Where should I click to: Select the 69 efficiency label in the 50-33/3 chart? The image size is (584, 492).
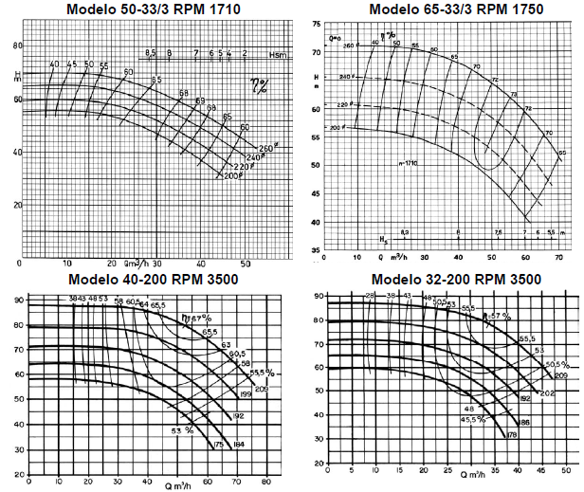(x=200, y=100)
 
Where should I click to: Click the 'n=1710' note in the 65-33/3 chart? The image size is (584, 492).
(x=410, y=164)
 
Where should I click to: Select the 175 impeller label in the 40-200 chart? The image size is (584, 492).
(x=218, y=444)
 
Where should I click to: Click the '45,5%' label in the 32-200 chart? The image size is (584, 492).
(x=472, y=418)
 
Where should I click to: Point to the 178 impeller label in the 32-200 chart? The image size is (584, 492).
(x=512, y=435)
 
